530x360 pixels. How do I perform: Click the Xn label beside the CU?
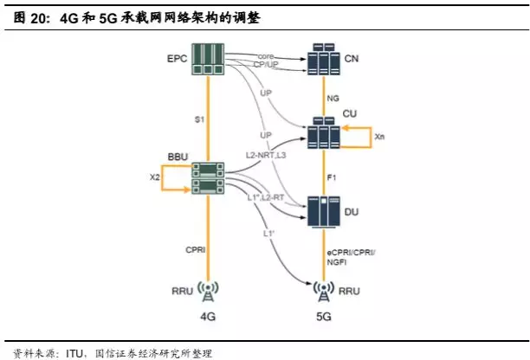(x=379, y=138)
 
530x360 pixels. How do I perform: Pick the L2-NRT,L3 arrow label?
(x=267, y=154)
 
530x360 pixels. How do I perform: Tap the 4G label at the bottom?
(x=209, y=316)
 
